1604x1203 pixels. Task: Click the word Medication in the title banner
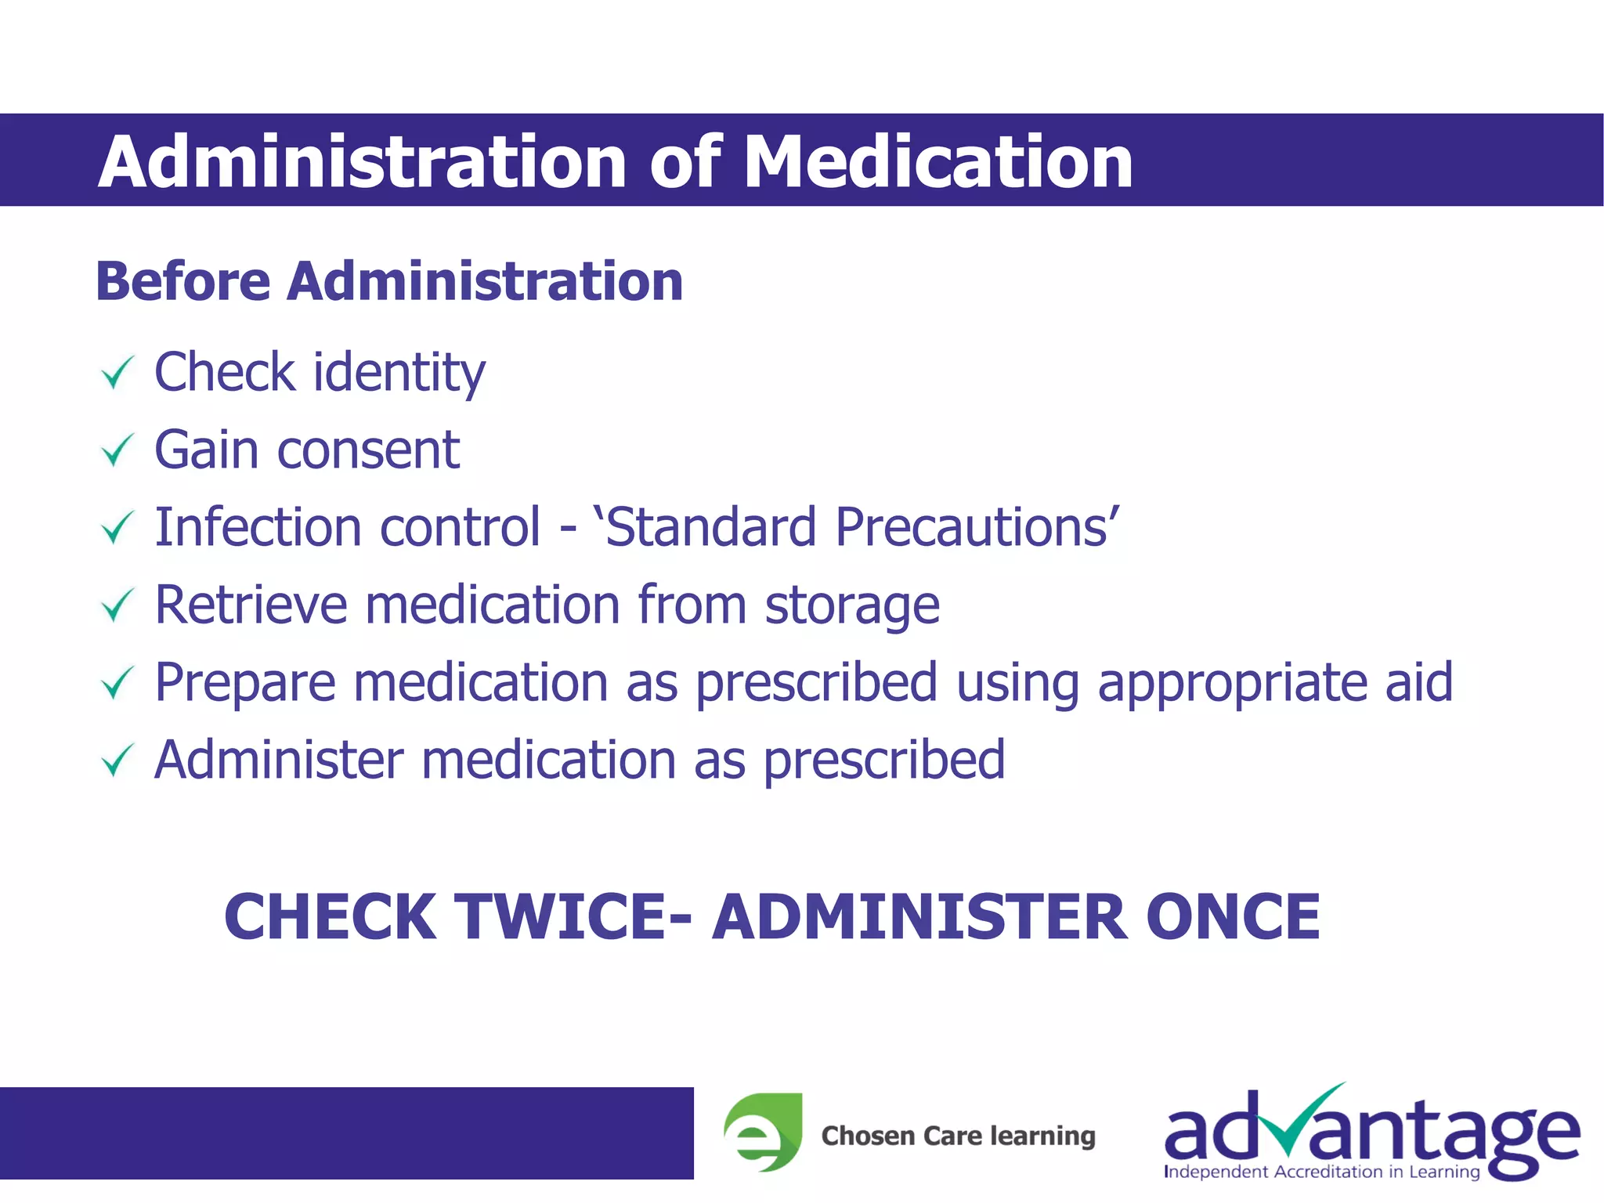point(937,161)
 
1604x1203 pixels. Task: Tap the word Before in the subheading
point(182,281)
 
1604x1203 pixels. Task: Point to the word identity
point(399,373)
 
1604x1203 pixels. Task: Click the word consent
point(368,450)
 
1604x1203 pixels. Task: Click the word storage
point(852,606)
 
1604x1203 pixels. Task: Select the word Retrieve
point(251,605)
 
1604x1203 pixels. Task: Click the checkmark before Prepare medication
point(117,682)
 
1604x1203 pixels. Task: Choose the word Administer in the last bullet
point(278,760)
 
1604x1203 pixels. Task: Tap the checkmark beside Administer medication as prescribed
point(117,760)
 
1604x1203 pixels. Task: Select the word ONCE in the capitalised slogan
point(1233,917)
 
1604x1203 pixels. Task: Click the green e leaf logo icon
point(761,1133)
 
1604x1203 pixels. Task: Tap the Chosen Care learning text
point(958,1136)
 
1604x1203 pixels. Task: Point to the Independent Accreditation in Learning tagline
point(1322,1172)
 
